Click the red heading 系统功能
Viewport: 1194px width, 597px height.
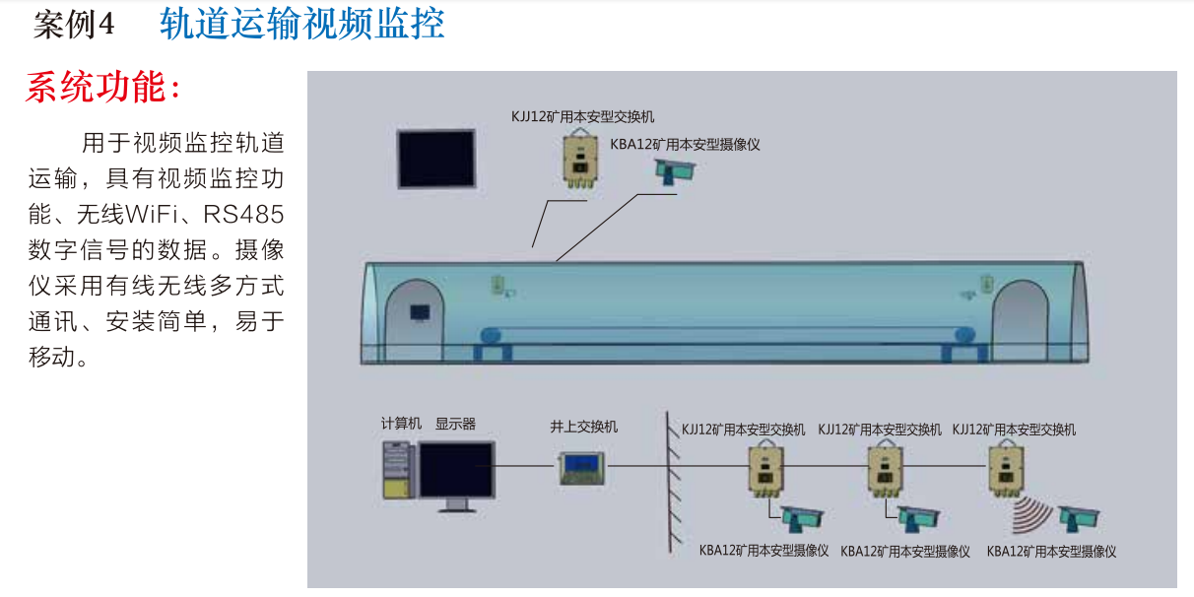[x=103, y=88]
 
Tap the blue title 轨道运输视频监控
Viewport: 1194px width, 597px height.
[x=301, y=25]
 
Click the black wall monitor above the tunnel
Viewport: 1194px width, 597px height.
[x=436, y=158]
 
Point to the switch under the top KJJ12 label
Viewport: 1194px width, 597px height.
[x=579, y=158]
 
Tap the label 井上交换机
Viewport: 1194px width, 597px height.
[x=583, y=427]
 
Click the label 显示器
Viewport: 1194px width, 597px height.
[x=455, y=424]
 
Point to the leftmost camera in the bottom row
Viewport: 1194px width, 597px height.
[x=801, y=516]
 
